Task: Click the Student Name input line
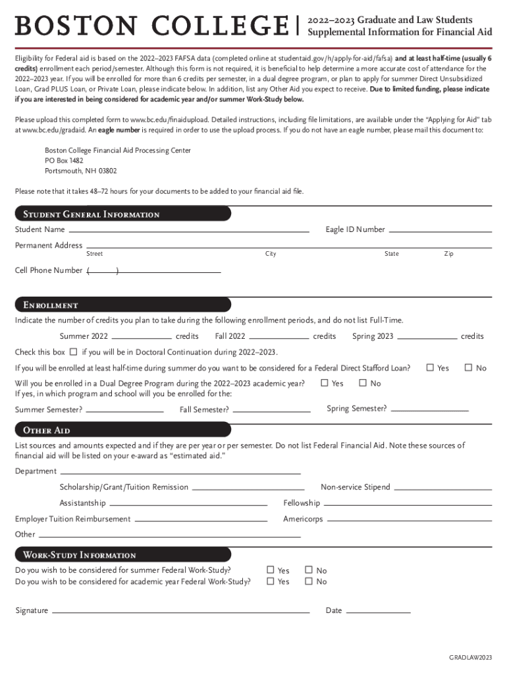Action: pos(189,229)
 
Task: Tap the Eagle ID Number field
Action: pos(440,229)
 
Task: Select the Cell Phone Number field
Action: pos(155,270)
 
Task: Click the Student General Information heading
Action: pos(92,214)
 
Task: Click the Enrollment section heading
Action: pos(51,305)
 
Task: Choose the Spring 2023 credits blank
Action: pos(427,336)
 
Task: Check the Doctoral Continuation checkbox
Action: pos(74,351)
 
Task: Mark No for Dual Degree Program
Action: pos(363,383)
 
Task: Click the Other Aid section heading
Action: pos(47,430)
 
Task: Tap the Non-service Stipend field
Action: pos(443,487)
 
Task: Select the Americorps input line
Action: pos(410,519)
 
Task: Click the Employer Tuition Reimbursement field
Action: pos(200,519)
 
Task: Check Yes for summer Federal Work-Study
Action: pos(270,570)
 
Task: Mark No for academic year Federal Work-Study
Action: pos(309,581)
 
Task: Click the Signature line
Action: pos(180,610)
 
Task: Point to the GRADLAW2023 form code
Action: pos(470,658)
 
